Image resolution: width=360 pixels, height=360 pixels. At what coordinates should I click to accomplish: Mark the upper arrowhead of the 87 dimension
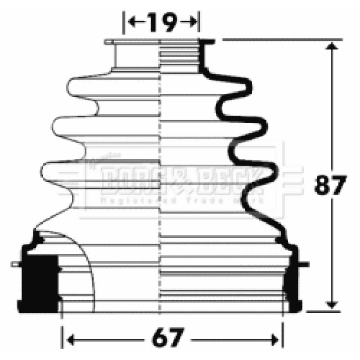333,47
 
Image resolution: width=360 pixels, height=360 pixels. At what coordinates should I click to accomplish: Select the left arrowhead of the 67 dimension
69,337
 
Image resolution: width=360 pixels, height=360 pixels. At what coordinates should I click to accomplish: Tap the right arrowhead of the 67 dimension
275,337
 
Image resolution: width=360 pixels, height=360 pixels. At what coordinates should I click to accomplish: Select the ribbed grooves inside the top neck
180,56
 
